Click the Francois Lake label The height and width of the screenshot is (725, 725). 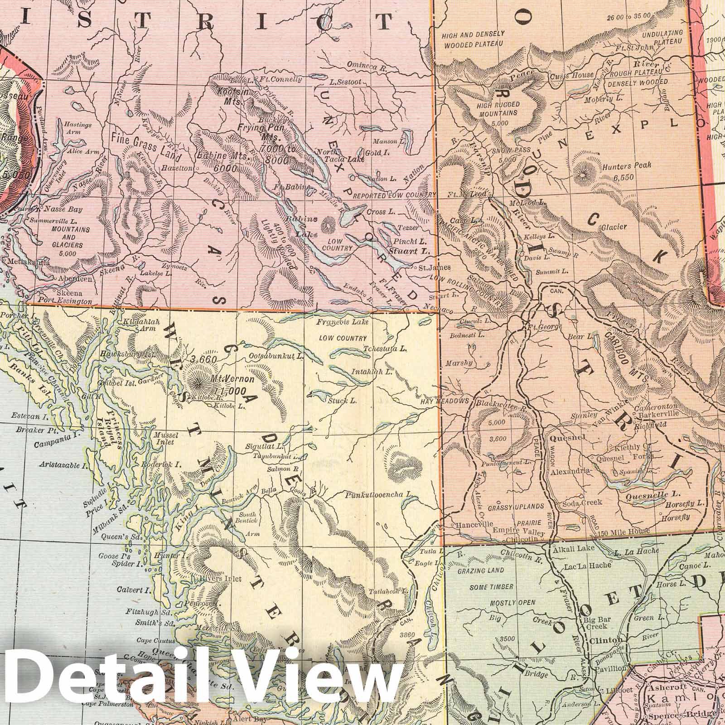click(343, 322)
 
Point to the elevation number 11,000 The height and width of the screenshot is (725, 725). click(232, 391)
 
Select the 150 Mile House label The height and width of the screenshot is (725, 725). click(628, 531)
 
